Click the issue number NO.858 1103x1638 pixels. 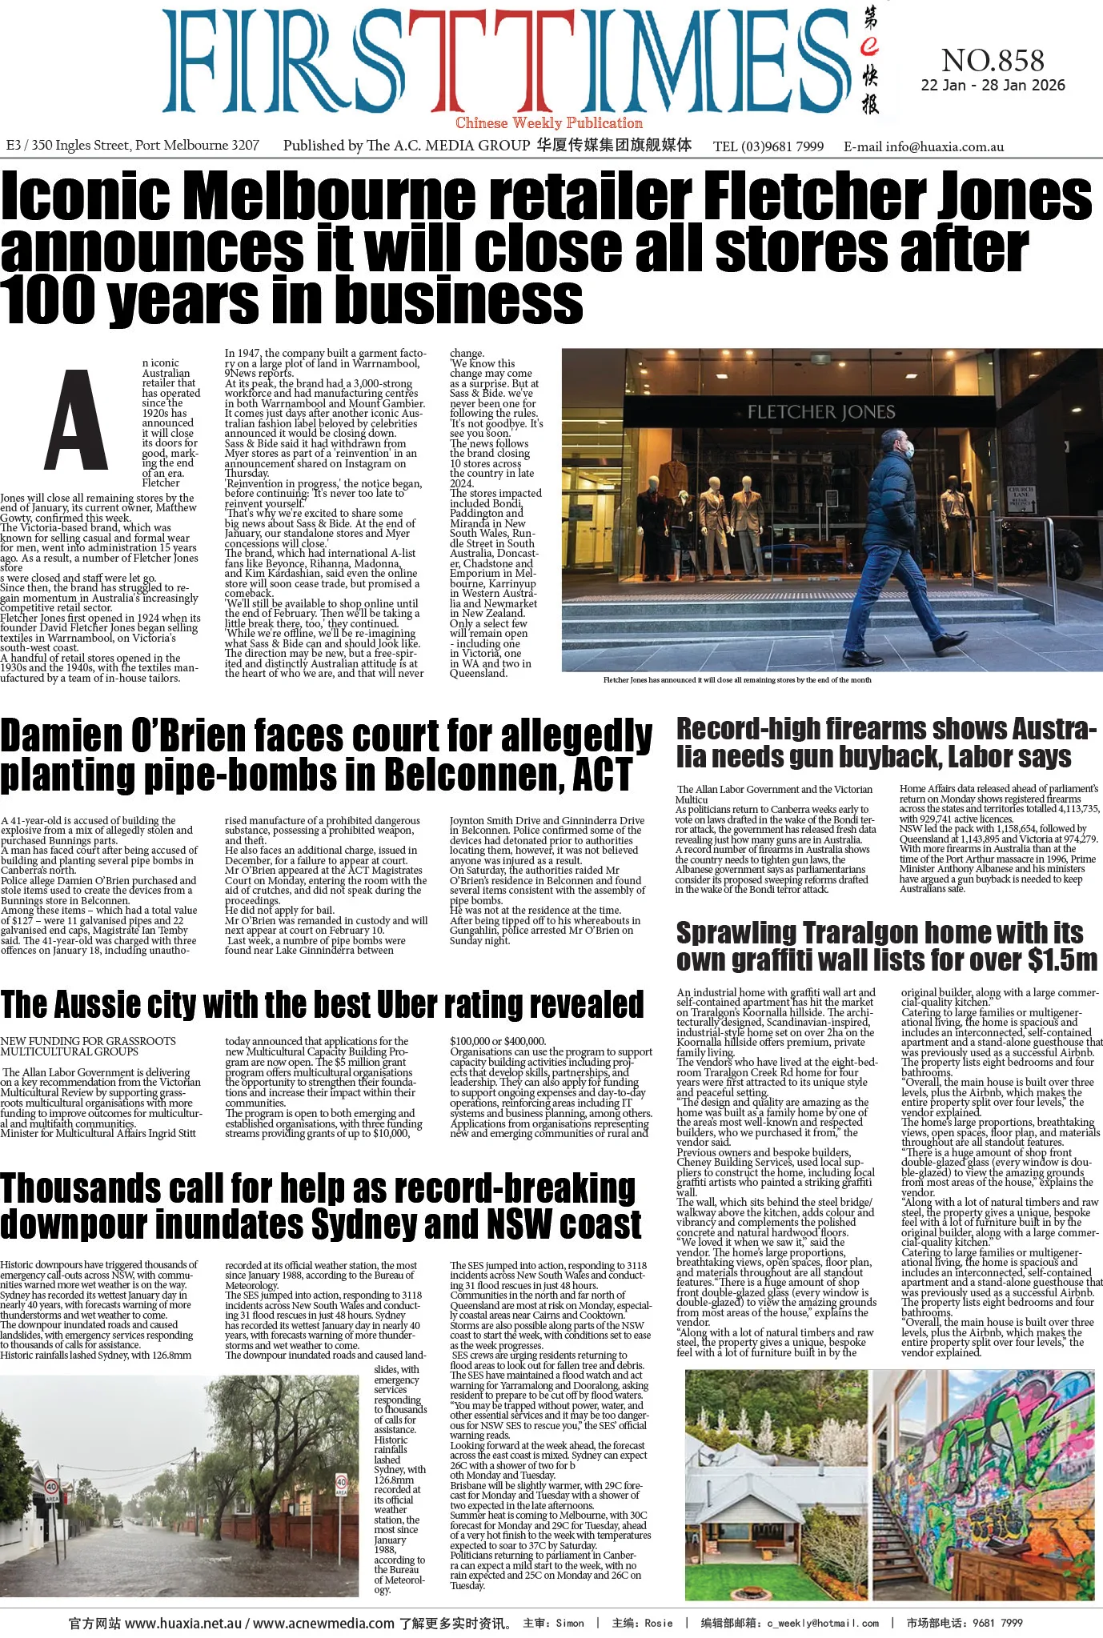993,61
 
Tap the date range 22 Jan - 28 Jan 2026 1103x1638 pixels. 993,86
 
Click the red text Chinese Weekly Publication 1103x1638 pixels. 549,123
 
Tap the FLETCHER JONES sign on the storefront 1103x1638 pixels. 820,412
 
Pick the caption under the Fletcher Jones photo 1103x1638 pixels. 737,680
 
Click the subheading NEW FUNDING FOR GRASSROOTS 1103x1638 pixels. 88,1041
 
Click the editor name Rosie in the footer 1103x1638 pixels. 658,1624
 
